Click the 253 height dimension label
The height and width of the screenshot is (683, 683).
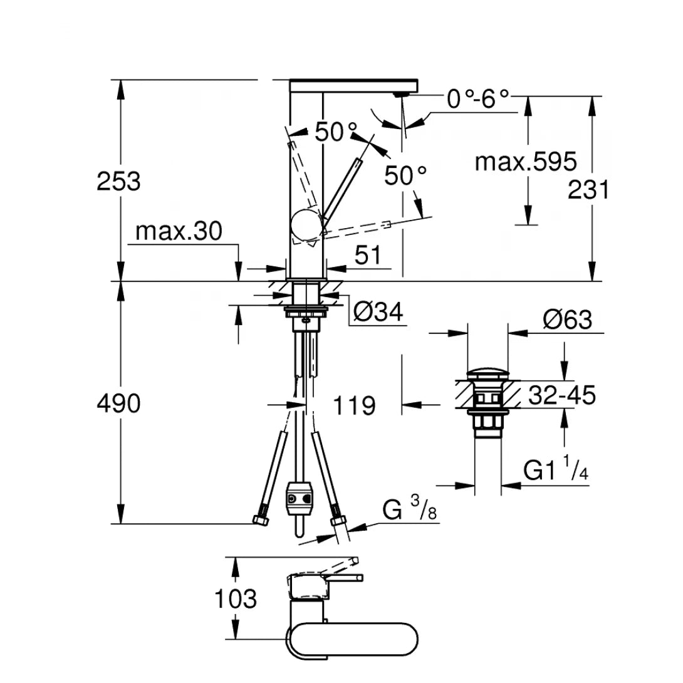coord(118,182)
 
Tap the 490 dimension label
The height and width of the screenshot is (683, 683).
coord(118,404)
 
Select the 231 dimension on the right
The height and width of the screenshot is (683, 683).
coord(588,189)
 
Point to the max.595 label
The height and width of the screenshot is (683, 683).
coord(525,162)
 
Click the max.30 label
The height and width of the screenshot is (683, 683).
coord(179,232)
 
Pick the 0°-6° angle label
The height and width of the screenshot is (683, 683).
coord(477,98)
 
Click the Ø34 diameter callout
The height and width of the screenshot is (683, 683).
coord(377,311)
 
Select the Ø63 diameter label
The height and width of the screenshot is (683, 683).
coord(568,320)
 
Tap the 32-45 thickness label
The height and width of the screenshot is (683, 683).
coord(561,395)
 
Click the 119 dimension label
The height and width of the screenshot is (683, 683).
coord(355,405)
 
